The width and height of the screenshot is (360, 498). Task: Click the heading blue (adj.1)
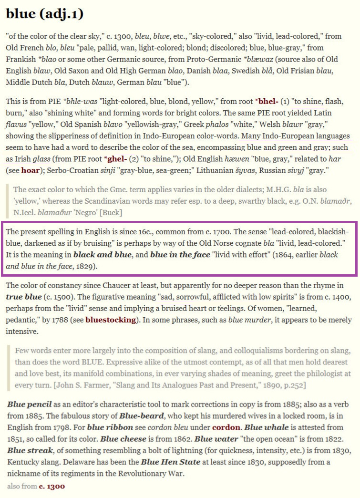tap(45, 14)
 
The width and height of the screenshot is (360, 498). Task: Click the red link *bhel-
tap(267, 103)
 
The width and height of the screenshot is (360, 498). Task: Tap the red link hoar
tap(30, 169)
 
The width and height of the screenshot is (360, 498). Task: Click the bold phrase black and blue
tap(102, 255)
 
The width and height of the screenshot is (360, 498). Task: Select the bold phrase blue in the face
tap(180, 255)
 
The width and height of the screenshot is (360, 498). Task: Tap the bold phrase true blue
tap(22, 297)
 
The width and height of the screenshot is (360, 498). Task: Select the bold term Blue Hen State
tap(170, 462)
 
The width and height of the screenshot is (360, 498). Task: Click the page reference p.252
tap(294, 384)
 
